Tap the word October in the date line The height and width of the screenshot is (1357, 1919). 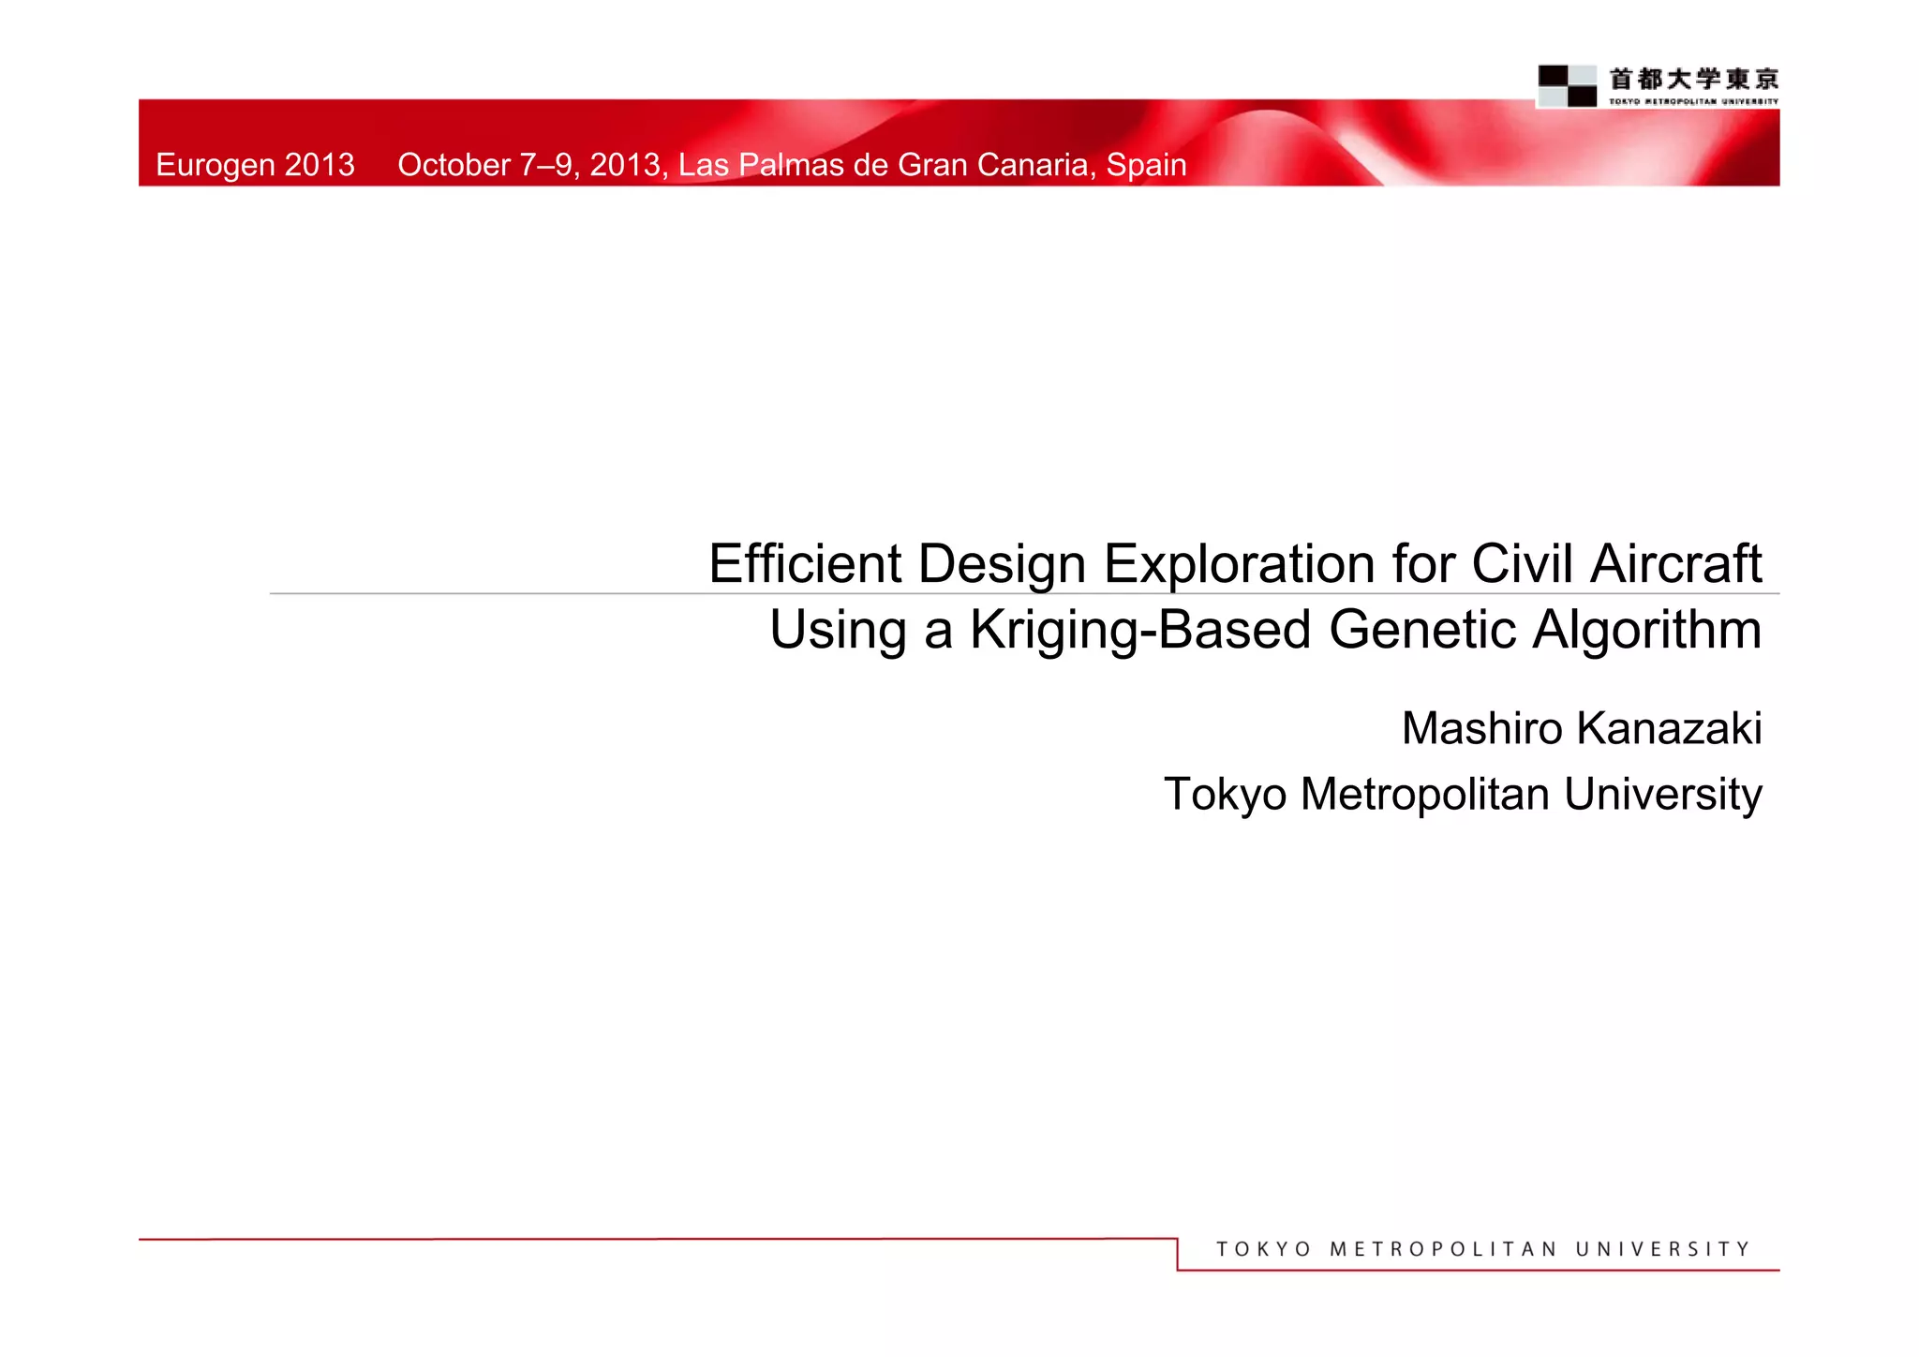[454, 165]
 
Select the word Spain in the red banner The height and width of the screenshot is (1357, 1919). [1146, 165]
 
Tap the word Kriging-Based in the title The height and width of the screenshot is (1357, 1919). [1139, 630]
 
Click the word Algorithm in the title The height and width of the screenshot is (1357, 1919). [1647, 630]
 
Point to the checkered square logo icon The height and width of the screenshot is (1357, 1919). [1567, 86]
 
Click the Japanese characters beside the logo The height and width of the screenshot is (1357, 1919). [1693, 79]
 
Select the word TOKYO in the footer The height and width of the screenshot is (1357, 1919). [1263, 1249]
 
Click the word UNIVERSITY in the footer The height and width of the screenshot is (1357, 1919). [1662, 1249]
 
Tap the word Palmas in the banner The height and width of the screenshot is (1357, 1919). [795, 165]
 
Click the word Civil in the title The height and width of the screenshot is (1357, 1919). [1523, 564]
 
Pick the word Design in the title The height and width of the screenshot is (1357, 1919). [1001, 564]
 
